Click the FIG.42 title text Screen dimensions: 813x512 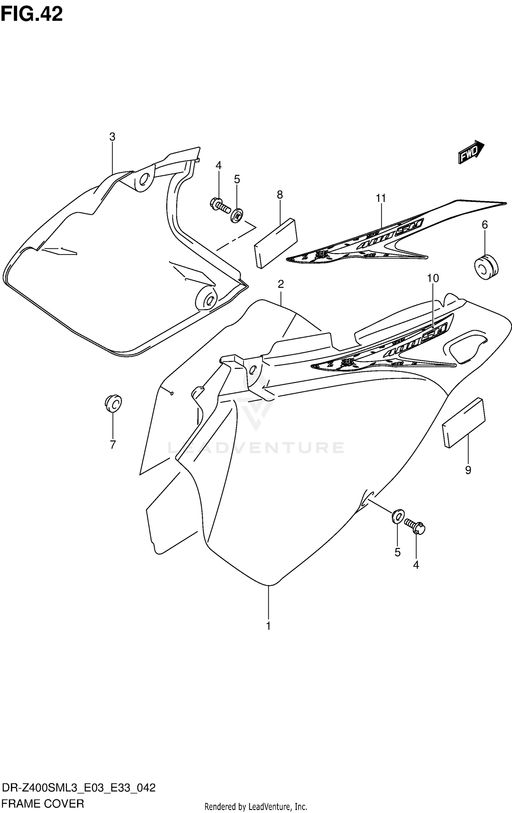(32, 14)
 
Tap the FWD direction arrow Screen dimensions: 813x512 (471, 153)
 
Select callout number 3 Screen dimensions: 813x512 (112, 137)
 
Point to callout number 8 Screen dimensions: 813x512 (280, 195)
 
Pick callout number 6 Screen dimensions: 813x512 (484, 224)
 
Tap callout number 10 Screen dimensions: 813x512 (433, 278)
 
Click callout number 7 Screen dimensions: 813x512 (113, 445)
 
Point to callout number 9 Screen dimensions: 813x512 (468, 470)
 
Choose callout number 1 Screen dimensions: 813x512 (268, 626)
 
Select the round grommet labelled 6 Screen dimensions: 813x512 (486, 266)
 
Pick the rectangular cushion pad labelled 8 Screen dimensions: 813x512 (275, 243)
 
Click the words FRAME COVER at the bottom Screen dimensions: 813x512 (43, 801)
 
